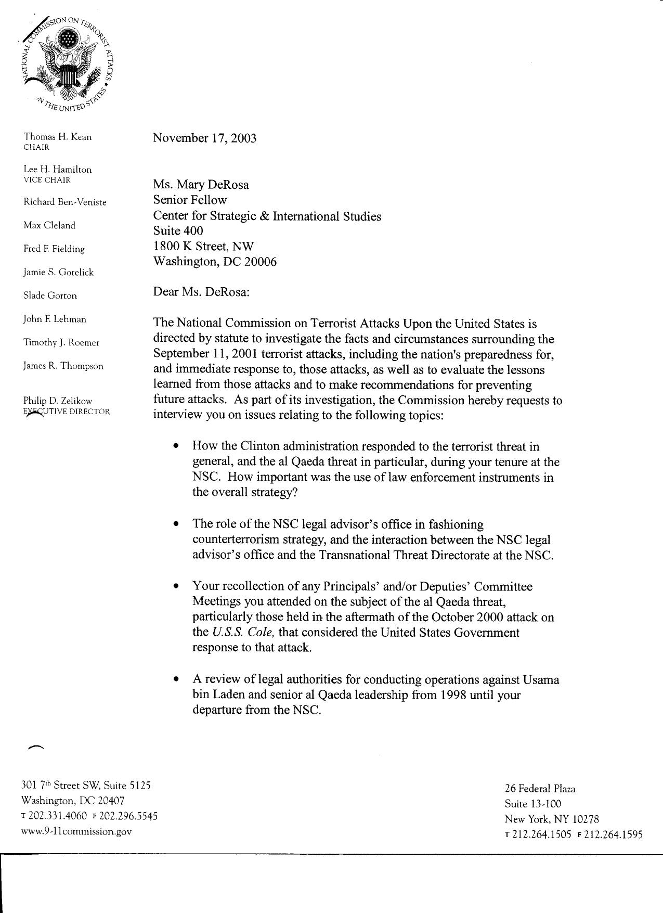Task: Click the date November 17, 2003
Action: pos(204,138)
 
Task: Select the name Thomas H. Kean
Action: pos(57,137)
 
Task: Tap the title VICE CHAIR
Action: pos(47,180)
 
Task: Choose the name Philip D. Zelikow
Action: pos(57,401)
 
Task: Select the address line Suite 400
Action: pos(178,230)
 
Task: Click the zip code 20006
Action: pos(261,261)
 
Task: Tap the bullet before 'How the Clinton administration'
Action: pos(177,446)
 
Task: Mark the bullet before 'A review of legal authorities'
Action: pos(177,679)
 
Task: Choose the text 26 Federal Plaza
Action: pos(540,789)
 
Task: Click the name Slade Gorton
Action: pos(50,295)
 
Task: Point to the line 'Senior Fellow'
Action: pos(190,200)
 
